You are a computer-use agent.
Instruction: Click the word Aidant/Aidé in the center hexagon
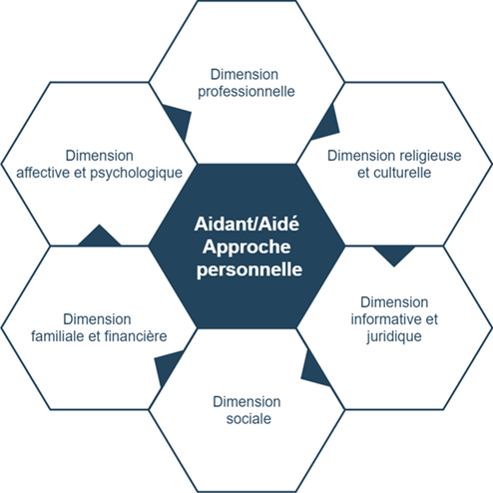pyautogui.click(x=246, y=224)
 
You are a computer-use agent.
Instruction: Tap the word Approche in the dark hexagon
pyautogui.click(x=246, y=247)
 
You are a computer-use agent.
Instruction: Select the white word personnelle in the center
pyautogui.click(x=249, y=269)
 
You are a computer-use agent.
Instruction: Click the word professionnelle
pyautogui.click(x=246, y=92)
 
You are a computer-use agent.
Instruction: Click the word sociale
pyautogui.click(x=248, y=419)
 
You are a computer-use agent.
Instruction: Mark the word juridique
pyautogui.click(x=394, y=336)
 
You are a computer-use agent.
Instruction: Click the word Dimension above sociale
pyautogui.click(x=246, y=402)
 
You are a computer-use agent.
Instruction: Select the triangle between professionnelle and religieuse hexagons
pyautogui.click(x=326, y=123)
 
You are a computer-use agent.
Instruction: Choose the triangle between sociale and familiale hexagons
pyautogui.click(x=168, y=367)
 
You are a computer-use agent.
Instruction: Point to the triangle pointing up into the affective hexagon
pyautogui.click(x=99, y=237)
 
